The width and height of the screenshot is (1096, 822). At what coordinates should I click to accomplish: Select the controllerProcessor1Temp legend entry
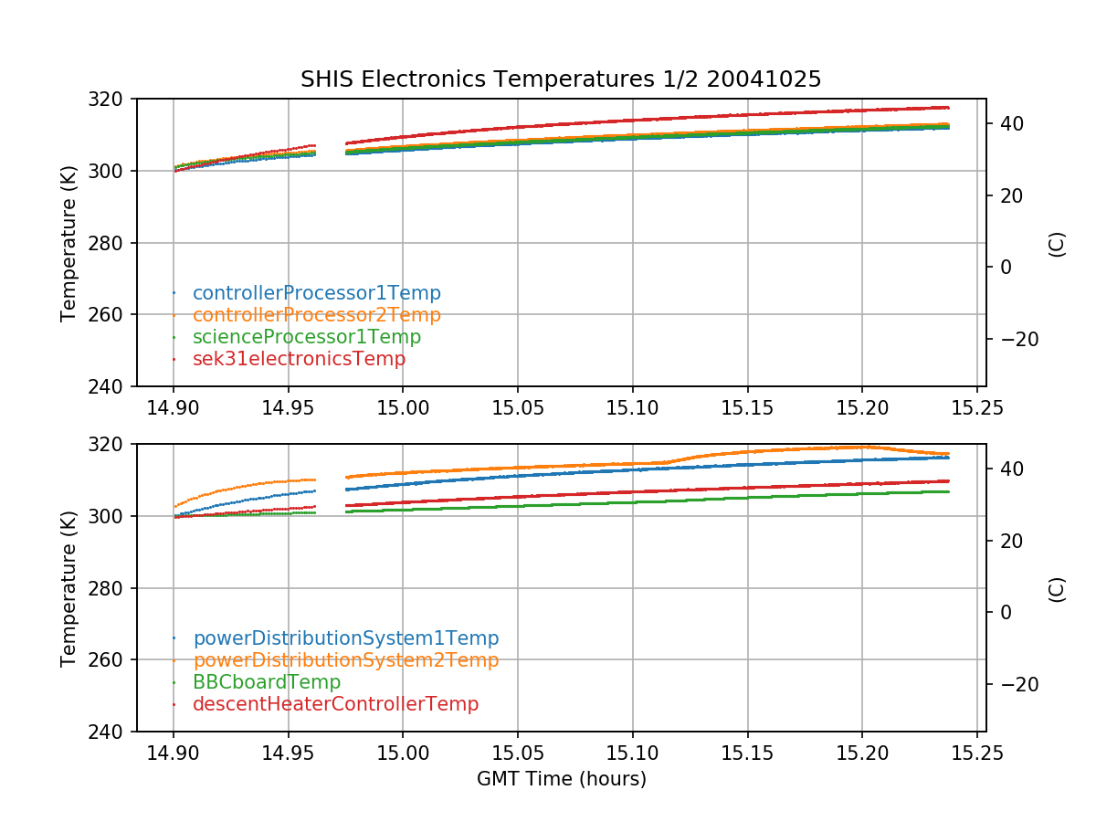pyautogui.click(x=316, y=293)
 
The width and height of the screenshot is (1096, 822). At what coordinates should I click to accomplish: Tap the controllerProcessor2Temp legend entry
pyautogui.click(x=316, y=315)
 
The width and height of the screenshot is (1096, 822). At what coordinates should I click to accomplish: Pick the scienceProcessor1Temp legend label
pyautogui.click(x=307, y=337)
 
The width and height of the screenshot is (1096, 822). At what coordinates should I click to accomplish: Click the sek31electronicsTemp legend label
pyautogui.click(x=299, y=359)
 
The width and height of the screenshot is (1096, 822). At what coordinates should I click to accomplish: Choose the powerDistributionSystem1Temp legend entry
pyautogui.click(x=345, y=638)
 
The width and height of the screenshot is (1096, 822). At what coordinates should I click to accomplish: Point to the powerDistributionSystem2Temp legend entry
pyautogui.click(x=345, y=660)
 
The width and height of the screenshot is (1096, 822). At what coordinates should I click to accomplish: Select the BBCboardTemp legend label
pyautogui.click(x=267, y=682)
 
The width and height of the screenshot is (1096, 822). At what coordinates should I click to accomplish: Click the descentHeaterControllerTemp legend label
pyautogui.click(x=335, y=704)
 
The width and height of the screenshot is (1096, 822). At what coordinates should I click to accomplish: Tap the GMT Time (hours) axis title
pyautogui.click(x=561, y=779)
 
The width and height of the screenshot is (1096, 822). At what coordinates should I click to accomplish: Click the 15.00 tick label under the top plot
pyautogui.click(x=403, y=406)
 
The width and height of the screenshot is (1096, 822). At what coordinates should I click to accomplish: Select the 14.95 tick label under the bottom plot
pyautogui.click(x=289, y=751)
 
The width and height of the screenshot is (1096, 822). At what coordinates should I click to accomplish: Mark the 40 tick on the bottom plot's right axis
pyautogui.click(x=1008, y=469)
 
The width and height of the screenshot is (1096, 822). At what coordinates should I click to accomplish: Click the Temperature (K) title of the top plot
pyautogui.click(x=68, y=243)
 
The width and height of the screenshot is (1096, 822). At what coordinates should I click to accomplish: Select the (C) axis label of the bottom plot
pyautogui.click(x=1057, y=588)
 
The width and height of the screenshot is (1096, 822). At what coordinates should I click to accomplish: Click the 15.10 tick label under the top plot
pyautogui.click(x=633, y=406)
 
